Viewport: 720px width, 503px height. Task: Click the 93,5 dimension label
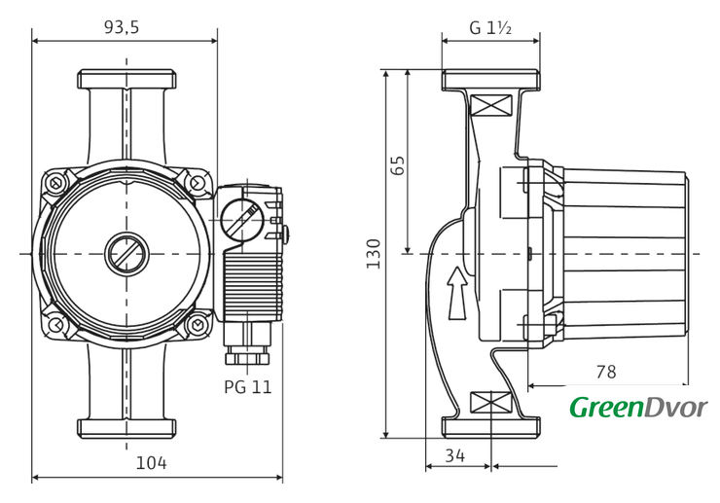122,27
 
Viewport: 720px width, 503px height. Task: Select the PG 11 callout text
247,386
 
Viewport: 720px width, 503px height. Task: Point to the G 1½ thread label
490,27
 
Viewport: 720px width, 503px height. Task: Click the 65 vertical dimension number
397,164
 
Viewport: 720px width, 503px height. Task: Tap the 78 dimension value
605,372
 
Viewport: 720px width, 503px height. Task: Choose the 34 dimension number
454,453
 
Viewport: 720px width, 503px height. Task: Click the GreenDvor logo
638,407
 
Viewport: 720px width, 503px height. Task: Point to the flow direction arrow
456,293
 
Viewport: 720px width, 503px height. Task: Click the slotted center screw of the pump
125,254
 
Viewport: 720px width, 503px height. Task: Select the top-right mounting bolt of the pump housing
197,182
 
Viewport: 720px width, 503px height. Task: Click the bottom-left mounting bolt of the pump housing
56,324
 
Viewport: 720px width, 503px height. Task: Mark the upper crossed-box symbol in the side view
490,106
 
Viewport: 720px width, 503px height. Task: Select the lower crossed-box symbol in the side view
490,401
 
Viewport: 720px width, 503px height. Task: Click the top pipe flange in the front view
126,79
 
